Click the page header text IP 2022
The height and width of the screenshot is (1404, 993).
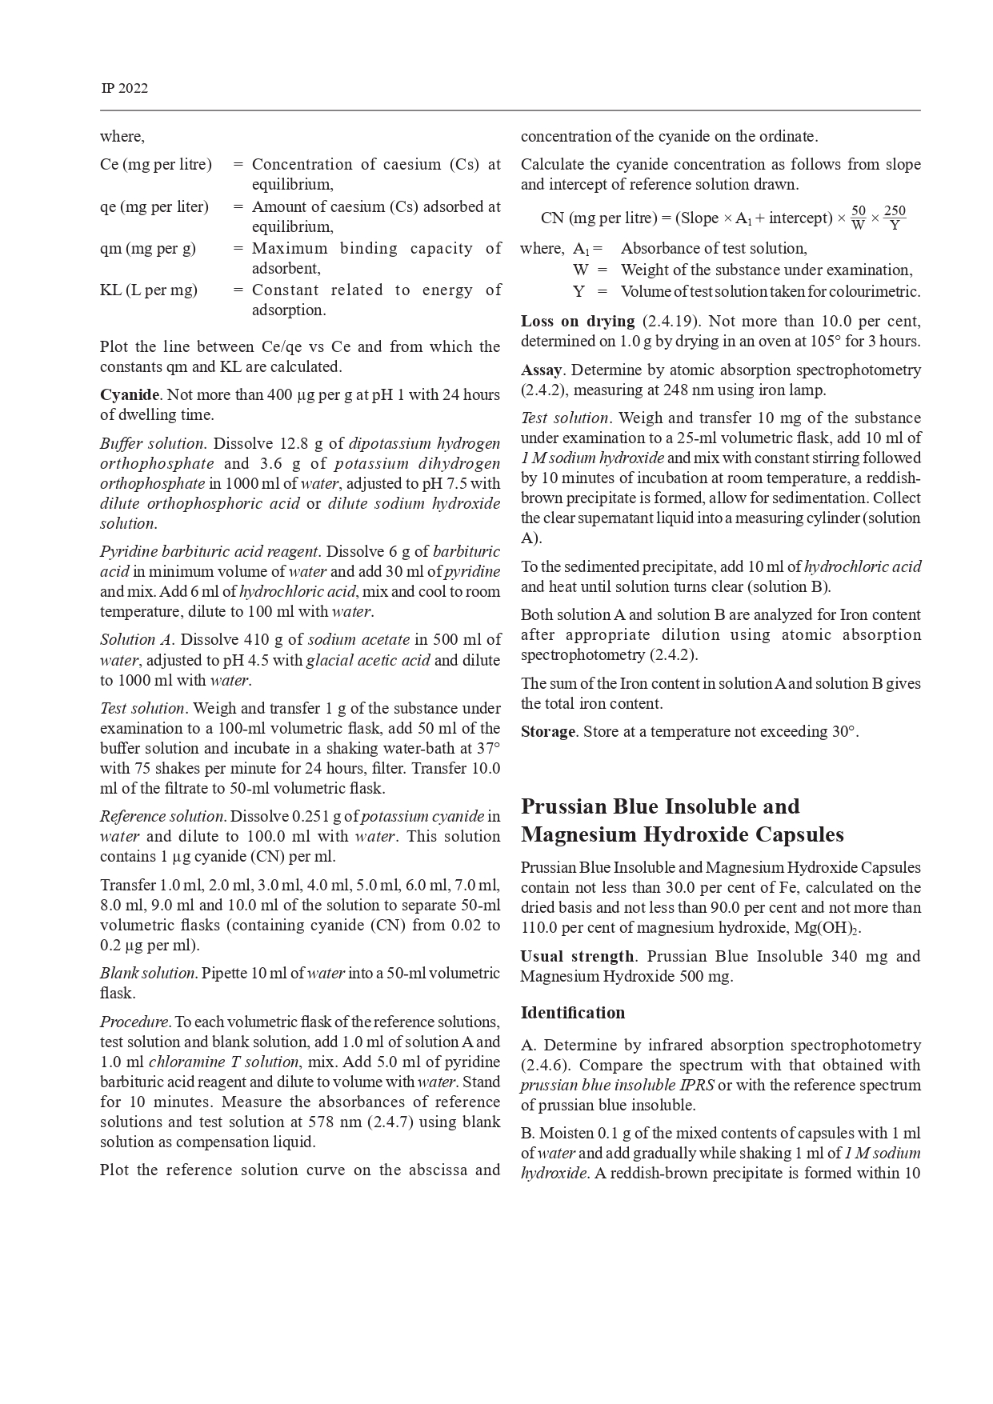124,88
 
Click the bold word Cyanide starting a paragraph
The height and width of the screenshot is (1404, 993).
130,394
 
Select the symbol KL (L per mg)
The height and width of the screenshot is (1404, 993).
148,290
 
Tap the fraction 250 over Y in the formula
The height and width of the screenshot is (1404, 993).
895,218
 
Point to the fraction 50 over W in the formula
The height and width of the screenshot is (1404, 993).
859,218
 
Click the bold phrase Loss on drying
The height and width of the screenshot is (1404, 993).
577,321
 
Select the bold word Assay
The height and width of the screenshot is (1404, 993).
542,370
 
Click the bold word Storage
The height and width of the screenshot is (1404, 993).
548,731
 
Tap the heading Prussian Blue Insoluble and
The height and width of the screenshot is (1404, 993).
660,806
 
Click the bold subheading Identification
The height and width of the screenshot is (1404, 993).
572,1012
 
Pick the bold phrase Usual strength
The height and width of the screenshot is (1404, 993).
576,956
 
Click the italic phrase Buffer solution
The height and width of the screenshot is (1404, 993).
152,443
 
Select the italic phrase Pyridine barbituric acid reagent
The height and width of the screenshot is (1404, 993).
210,551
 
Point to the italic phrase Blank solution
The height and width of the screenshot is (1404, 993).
148,973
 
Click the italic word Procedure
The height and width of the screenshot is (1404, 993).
134,1022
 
